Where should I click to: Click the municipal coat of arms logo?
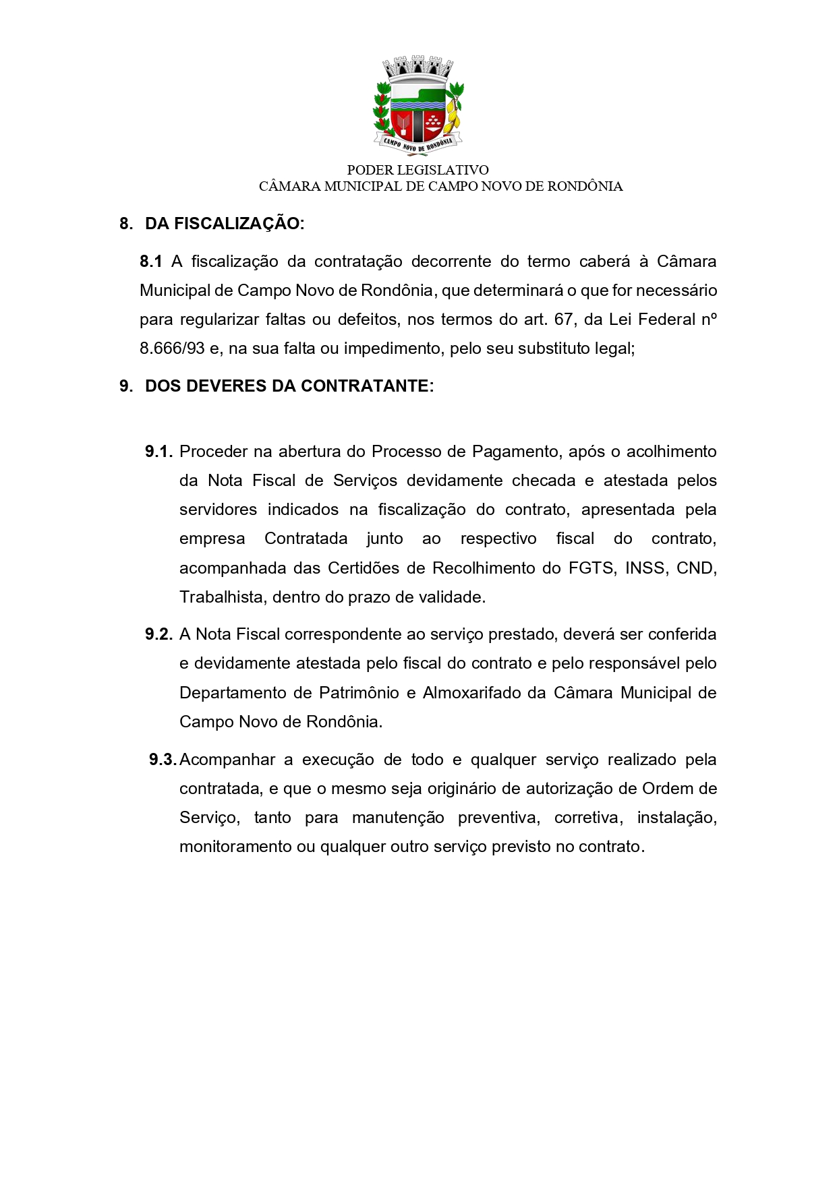tap(418, 105)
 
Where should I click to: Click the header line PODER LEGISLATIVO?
tap(417, 170)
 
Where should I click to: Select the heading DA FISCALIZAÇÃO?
tap(224, 224)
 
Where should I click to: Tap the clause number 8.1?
tap(151, 262)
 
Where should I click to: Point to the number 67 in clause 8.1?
tap(564, 320)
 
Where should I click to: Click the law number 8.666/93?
tap(172, 348)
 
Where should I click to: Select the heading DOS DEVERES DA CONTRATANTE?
tap(289, 386)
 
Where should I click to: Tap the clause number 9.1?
tap(159, 452)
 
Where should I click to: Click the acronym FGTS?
tap(591, 568)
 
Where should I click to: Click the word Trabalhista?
tap(222, 597)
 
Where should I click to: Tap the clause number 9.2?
tap(159, 634)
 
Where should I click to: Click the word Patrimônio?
tap(359, 693)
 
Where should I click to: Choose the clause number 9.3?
tap(163, 760)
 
